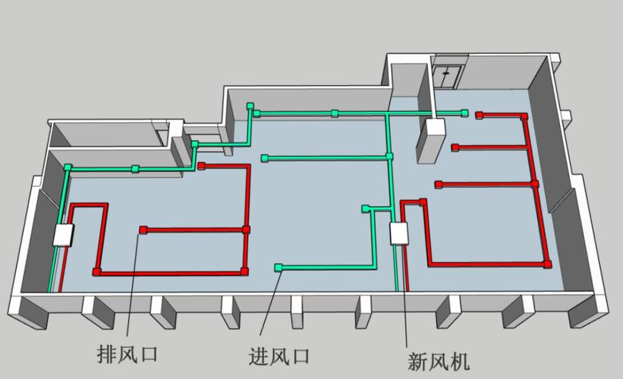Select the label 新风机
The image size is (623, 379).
(438, 359)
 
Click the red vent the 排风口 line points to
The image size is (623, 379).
(142, 229)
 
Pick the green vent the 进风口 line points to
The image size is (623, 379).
(279, 267)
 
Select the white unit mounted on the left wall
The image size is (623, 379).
(63, 236)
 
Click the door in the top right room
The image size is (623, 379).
(448, 76)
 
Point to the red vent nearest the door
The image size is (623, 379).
(480, 115)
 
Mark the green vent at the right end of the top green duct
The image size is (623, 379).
(464, 112)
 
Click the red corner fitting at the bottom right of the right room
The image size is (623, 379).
(546, 263)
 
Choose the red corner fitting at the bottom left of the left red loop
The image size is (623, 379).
(96, 271)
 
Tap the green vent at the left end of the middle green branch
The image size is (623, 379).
(264, 158)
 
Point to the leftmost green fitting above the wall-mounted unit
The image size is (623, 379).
(68, 167)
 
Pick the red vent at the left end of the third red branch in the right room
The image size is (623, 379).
(439, 183)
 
